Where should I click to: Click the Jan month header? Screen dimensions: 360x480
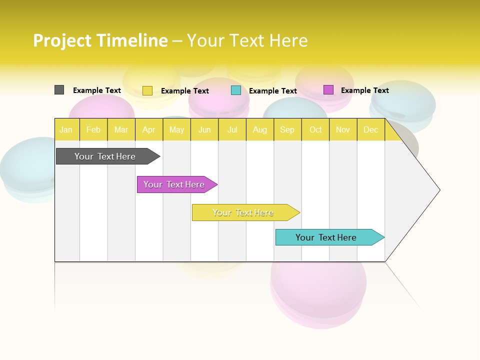[66, 129]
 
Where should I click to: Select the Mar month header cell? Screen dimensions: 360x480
[121, 129]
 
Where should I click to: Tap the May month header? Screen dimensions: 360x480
[176, 129]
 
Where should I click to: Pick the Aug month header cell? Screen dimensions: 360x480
[259, 129]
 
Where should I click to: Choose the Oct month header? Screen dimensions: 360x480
[315, 129]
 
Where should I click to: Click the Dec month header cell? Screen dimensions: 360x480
[370, 129]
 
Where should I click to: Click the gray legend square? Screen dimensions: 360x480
[59, 90]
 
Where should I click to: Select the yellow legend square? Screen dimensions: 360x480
[147, 90]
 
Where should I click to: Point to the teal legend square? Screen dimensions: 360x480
[236, 90]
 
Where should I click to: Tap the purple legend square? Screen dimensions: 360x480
[328, 90]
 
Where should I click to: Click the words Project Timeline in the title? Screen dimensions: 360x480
[100, 40]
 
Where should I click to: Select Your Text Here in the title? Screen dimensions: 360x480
[247, 40]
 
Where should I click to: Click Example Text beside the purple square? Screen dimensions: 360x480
[364, 90]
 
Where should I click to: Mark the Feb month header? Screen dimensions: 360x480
[93, 129]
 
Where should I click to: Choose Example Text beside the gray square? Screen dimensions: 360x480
[96, 90]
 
